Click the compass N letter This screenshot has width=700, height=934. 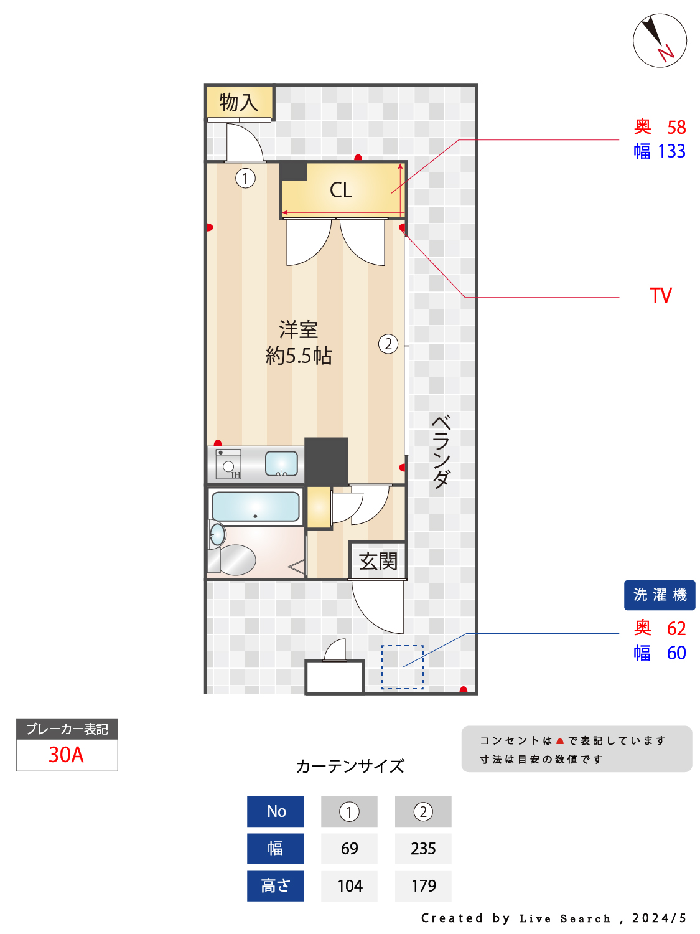(x=666, y=53)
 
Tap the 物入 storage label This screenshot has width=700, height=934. (x=238, y=102)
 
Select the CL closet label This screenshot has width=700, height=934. (x=340, y=190)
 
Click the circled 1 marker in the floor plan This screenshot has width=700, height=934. (x=245, y=178)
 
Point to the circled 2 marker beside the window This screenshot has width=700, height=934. (x=388, y=343)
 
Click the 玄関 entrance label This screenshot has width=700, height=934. (x=378, y=561)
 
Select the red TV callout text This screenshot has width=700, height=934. (x=660, y=295)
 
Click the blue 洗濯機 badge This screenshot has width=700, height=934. (x=659, y=594)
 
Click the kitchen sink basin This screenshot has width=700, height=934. (x=281, y=463)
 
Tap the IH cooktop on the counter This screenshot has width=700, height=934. (x=228, y=465)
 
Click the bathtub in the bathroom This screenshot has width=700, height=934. (x=255, y=506)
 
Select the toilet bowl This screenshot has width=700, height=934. (x=236, y=559)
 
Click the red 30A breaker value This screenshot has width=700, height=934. (x=66, y=755)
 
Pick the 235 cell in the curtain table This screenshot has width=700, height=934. (x=422, y=848)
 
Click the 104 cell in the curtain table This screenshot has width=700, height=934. (x=349, y=885)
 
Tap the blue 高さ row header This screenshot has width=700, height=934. (x=275, y=885)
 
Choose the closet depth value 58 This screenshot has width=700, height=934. (x=676, y=127)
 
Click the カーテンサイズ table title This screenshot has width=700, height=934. (x=350, y=766)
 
